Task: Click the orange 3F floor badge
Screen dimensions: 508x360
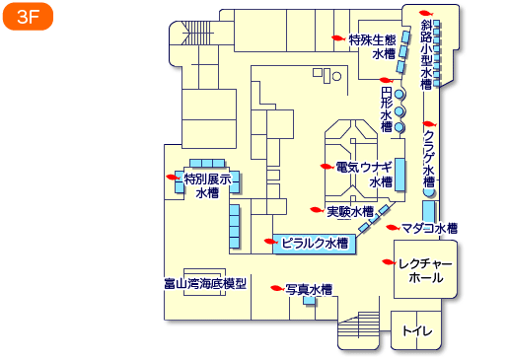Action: pos(27,19)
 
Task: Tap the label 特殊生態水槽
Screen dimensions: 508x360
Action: pos(373,47)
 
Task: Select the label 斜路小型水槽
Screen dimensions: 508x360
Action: pos(426,54)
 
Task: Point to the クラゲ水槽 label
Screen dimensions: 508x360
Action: pos(428,158)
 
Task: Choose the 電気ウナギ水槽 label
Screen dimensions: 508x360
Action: pos(365,175)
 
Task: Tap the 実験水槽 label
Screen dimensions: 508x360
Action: pos(350,211)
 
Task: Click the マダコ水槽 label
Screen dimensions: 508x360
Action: pos(430,228)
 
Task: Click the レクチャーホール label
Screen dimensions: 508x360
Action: pos(425,271)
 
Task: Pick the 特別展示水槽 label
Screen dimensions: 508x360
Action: pos(207,186)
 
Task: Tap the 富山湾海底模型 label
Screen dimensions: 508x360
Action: pos(205,284)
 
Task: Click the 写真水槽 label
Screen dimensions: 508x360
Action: pos(308,290)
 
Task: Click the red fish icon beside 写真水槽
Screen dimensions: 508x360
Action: pos(277,289)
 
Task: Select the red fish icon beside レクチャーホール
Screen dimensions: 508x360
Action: pos(390,262)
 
